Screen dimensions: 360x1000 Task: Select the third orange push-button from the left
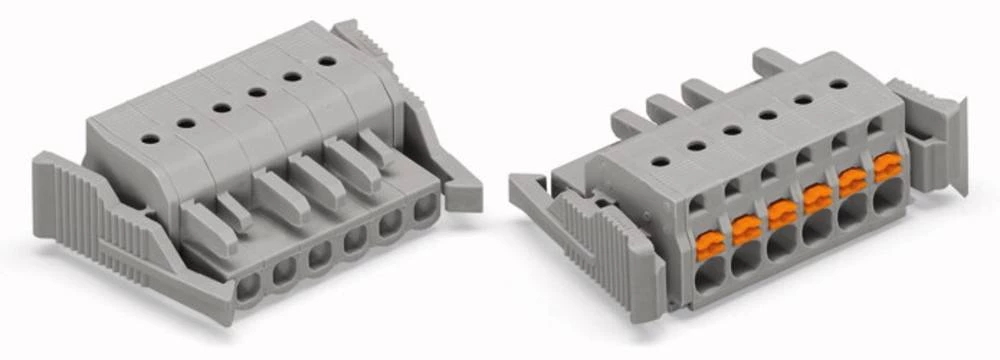tap(782, 213)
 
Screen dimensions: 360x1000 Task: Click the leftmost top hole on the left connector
tap(149, 139)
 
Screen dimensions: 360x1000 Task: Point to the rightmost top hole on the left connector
tap(326, 61)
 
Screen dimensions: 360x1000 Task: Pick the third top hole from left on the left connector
tap(221, 107)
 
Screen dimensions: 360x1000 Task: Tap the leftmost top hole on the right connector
tap(660, 160)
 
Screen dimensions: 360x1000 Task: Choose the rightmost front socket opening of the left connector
tap(425, 207)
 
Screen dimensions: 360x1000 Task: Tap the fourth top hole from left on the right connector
tap(767, 114)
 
